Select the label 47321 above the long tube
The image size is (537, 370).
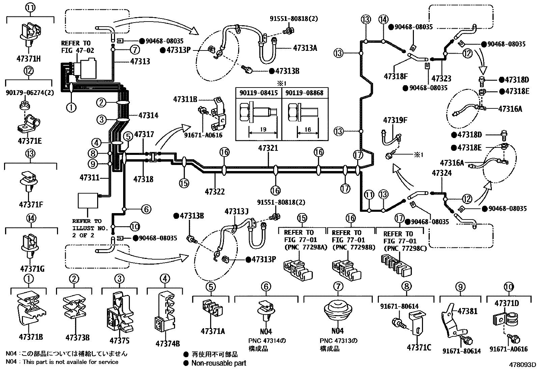tap(268, 148)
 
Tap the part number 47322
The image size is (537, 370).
tap(215, 192)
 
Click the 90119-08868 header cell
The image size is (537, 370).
tap(304, 92)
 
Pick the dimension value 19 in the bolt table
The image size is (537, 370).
tap(263, 129)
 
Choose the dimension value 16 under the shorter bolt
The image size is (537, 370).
tap(307, 129)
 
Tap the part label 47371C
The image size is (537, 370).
tap(419, 347)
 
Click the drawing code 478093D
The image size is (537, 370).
tap(522, 364)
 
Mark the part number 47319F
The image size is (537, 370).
tap(395, 120)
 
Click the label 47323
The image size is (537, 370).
tap(442, 79)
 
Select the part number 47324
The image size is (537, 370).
tap(442, 173)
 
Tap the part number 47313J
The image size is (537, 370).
tap(236, 211)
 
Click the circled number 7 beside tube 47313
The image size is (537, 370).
tap(135, 50)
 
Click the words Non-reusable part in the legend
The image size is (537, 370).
tap(219, 363)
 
